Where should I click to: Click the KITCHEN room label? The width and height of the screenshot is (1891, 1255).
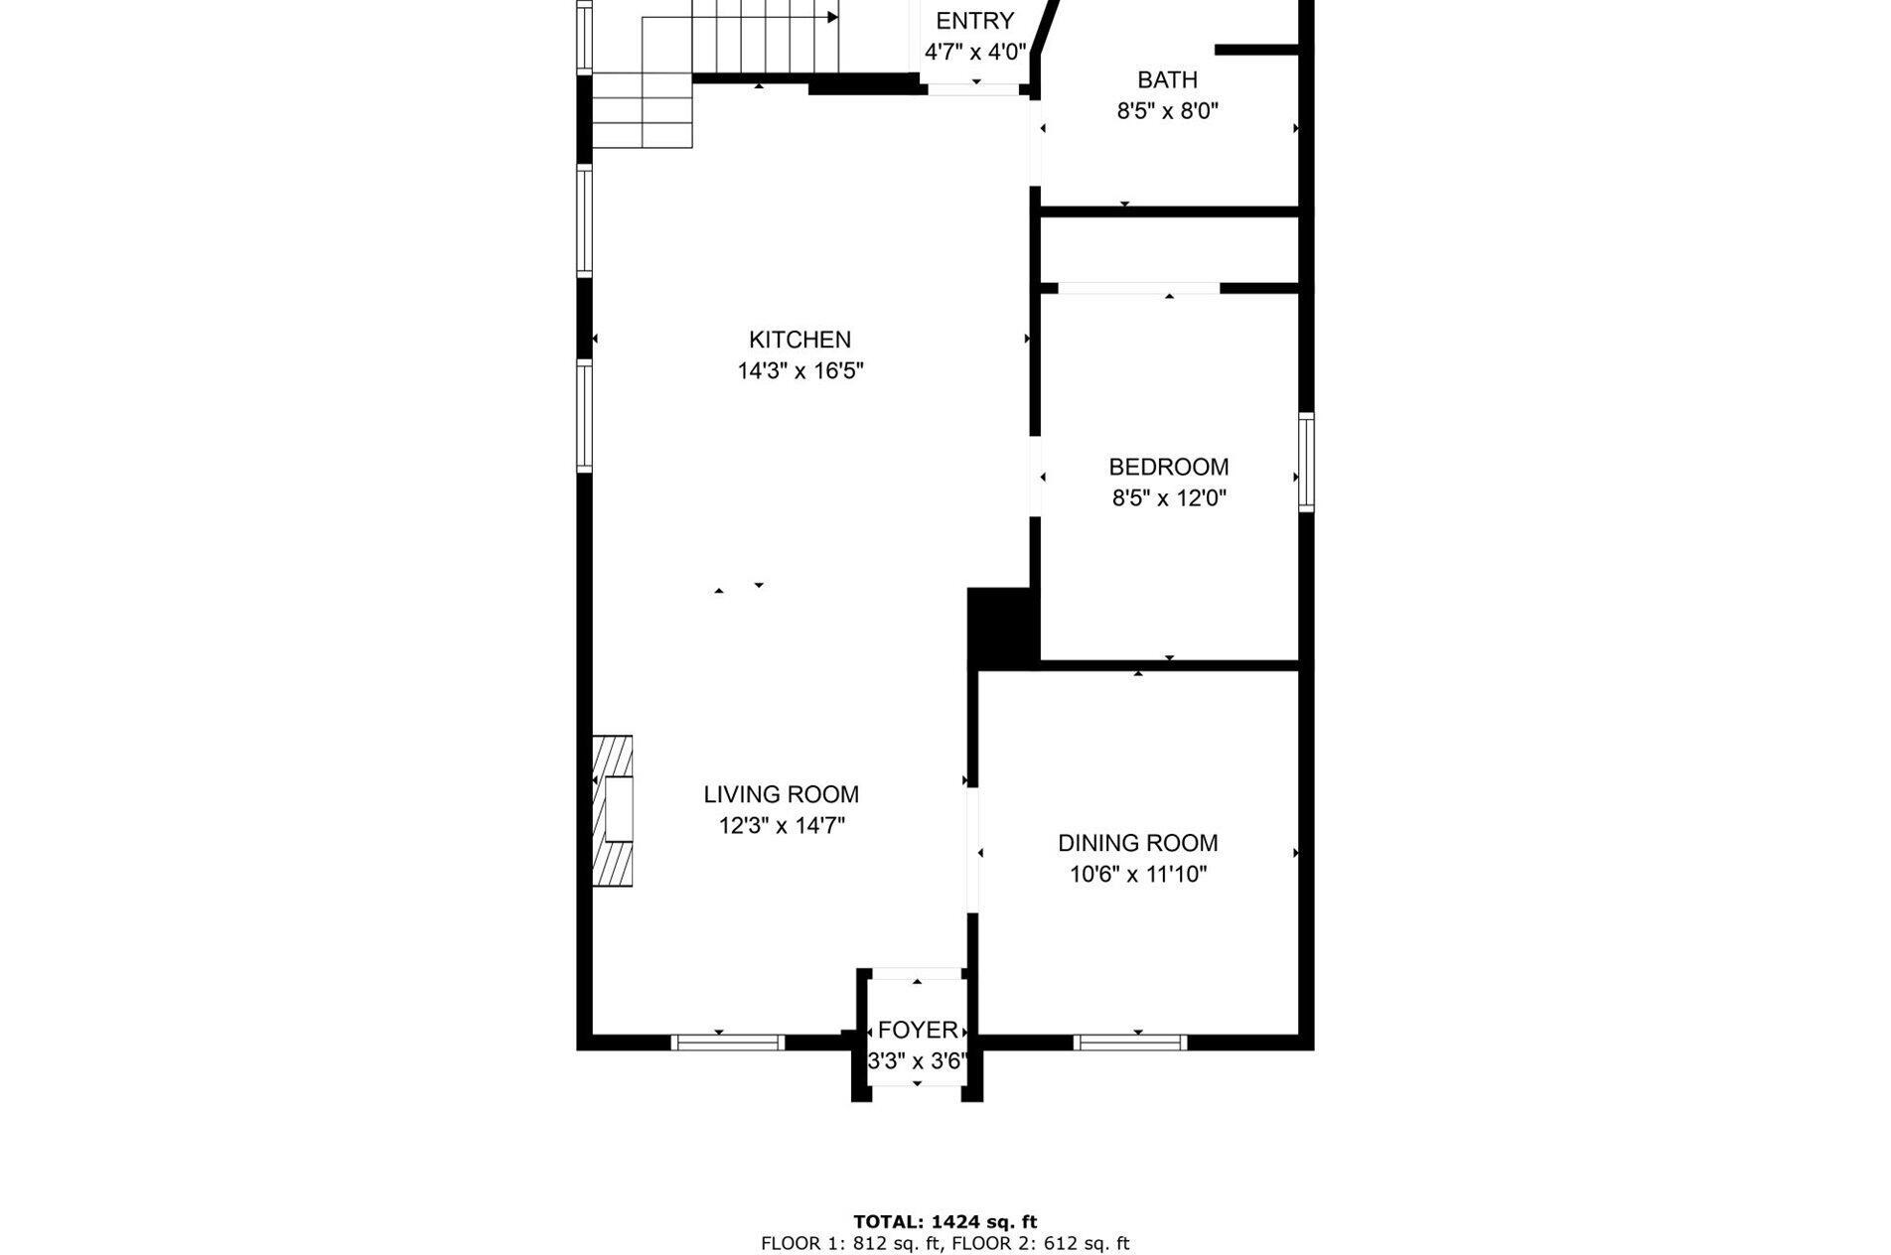click(x=800, y=340)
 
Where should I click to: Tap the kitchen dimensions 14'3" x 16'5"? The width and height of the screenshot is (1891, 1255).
click(x=800, y=371)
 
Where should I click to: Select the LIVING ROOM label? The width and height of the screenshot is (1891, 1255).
click(x=781, y=794)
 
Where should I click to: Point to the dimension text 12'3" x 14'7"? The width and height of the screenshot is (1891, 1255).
click(x=781, y=826)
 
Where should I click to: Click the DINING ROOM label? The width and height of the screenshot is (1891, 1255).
click(x=1137, y=843)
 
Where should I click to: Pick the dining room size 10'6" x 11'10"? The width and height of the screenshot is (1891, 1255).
click(x=1137, y=875)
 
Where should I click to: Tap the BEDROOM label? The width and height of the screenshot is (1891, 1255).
click(x=1168, y=467)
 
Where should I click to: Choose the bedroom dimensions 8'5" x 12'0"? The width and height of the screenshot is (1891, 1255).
click(x=1168, y=498)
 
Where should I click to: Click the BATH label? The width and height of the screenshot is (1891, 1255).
click(x=1167, y=79)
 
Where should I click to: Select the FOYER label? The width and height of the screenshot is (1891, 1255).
click(x=918, y=1030)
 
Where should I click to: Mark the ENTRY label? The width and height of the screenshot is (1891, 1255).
click(x=974, y=21)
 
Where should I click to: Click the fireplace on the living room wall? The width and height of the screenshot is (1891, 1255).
click(x=613, y=810)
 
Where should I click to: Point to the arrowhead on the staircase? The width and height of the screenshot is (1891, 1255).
click(x=832, y=17)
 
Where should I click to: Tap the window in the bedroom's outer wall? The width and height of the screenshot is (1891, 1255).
click(x=1306, y=462)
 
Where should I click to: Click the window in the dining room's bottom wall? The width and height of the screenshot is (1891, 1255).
click(x=1130, y=1042)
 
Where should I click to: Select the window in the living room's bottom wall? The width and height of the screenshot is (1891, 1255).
click(x=727, y=1042)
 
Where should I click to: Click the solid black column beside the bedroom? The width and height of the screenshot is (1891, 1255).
click(x=1001, y=626)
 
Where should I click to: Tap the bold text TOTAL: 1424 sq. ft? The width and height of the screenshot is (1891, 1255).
click(x=945, y=1222)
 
